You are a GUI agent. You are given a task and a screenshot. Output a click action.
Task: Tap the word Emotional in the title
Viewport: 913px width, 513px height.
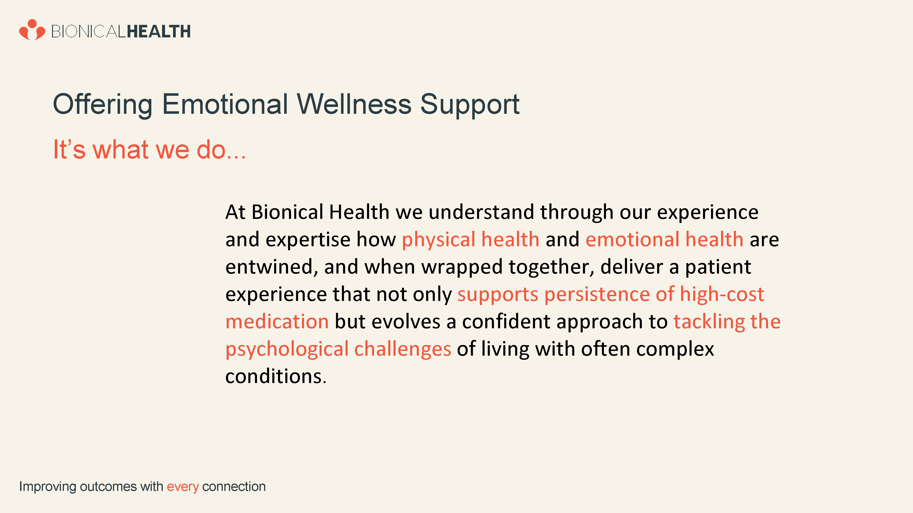(x=225, y=104)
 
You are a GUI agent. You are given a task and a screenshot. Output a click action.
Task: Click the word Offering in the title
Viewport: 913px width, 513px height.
(x=103, y=105)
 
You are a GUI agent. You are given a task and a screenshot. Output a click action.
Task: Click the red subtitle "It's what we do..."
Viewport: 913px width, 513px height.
(x=149, y=149)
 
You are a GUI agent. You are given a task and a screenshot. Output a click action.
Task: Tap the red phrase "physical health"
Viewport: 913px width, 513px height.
(x=471, y=240)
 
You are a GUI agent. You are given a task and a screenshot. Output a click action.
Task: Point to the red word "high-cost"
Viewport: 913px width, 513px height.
(x=722, y=294)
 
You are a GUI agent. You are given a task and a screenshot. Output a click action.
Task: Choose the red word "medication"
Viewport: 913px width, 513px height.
(x=277, y=321)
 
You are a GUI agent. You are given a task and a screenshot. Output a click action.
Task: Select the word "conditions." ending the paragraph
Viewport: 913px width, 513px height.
(x=276, y=376)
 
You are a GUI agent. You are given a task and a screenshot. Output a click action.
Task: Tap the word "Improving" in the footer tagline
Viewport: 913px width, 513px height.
(x=47, y=487)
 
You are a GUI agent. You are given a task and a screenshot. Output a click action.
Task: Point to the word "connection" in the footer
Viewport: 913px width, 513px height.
(x=234, y=487)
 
